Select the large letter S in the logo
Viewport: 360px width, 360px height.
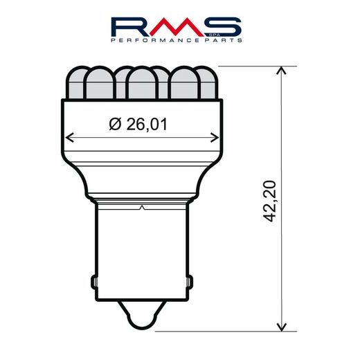pos(223,27)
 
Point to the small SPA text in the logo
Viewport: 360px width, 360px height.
pos(235,33)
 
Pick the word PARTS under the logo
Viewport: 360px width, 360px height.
pos(222,42)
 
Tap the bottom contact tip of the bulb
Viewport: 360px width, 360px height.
pos(142,322)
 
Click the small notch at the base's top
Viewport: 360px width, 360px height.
pos(142,206)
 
